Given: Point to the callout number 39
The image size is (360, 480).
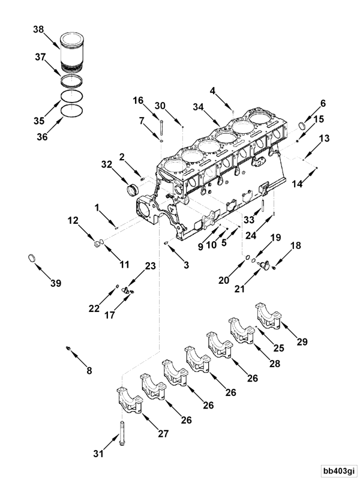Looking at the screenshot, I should pos(55,283).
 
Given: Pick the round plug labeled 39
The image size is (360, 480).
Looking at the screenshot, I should pos(34,259).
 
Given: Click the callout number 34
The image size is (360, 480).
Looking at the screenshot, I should pos(199,107).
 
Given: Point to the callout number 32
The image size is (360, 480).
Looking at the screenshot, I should pos(106,164).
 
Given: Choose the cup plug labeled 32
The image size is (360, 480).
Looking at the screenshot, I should pos(131,190).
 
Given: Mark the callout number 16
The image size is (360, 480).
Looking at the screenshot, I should pos(138,100).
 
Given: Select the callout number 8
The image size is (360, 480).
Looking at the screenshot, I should pos(89,370).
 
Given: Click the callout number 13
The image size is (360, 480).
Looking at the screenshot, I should pos(324,139).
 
